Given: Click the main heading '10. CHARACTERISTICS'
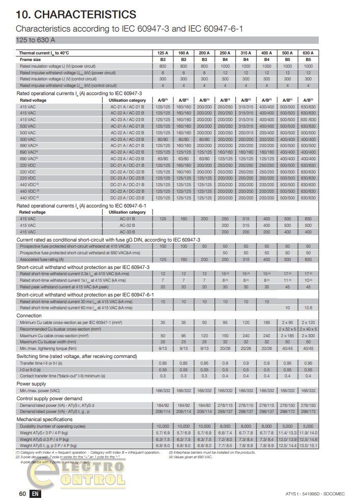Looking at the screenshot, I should (x=76, y=14).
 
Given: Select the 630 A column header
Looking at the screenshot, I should (x=308, y=53).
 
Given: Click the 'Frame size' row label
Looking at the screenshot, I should (x=30, y=60).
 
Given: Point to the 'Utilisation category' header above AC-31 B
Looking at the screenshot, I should (x=127, y=212).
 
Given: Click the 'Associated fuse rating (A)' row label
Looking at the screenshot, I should (x=42, y=259).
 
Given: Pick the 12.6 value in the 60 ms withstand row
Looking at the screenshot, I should (x=308, y=307).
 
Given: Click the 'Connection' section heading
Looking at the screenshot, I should (x=29, y=315).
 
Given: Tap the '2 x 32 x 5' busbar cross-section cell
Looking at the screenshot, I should (x=287, y=329).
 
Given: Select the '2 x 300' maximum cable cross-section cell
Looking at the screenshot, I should (x=308, y=336).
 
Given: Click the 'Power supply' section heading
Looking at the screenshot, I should (x=32, y=383).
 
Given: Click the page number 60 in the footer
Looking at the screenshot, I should (x=22, y=493).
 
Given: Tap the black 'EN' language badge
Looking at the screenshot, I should (x=35, y=493).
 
